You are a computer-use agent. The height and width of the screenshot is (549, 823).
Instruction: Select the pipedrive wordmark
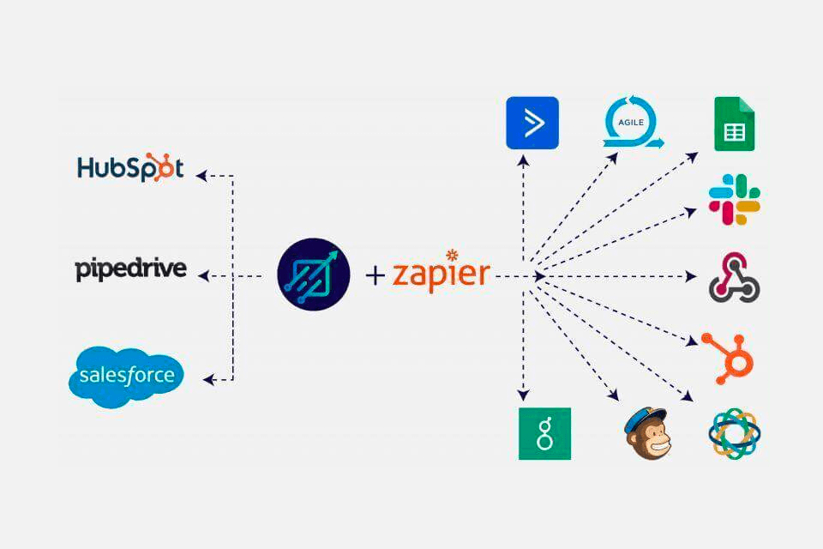click(130, 269)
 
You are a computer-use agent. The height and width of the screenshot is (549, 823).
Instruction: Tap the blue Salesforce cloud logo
click(126, 376)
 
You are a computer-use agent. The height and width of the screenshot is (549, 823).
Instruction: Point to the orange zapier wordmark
click(442, 274)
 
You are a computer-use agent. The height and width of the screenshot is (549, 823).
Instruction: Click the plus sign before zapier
click(375, 275)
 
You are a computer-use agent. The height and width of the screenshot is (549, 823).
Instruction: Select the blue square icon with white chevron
click(532, 124)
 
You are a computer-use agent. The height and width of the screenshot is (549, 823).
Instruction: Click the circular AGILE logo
click(631, 125)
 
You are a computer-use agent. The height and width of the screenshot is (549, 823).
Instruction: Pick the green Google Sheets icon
click(735, 125)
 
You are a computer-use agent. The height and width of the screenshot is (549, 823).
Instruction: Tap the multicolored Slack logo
click(735, 200)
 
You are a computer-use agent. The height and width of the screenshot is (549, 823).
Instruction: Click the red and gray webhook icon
click(734, 278)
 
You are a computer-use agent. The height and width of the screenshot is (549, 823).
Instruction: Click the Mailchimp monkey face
click(647, 433)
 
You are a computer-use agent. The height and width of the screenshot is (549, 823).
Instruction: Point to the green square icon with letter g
click(544, 433)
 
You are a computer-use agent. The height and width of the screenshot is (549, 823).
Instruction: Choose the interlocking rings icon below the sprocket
click(735, 434)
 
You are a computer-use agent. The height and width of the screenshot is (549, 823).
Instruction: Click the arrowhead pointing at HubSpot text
click(201, 176)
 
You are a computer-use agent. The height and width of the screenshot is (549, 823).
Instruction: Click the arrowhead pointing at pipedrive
click(203, 275)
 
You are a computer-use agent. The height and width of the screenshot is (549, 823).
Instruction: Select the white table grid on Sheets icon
click(734, 133)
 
